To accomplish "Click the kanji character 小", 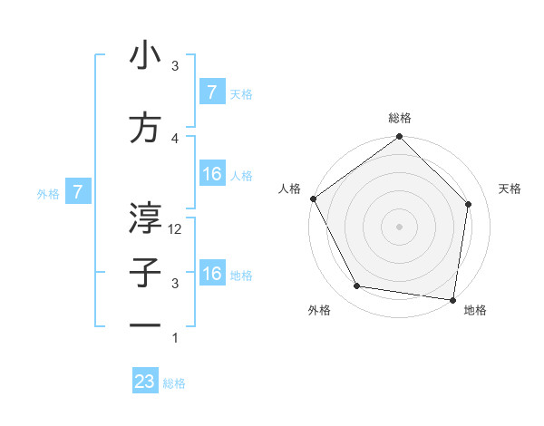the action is [x=146, y=55].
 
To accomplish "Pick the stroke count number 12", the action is [x=176, y=229].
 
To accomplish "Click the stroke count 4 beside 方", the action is [x=176, y=139].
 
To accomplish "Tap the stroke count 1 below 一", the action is [x=176, y=338].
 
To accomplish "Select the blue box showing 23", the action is [x=145, y=382].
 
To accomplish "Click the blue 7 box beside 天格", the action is [x=211, y=92].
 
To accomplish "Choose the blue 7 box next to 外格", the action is [x=79, y=192].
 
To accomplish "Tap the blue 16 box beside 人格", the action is [x=211, y=174].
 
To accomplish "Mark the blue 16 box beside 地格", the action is [x=211, y=274].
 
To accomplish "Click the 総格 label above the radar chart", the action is [x=400, y=119].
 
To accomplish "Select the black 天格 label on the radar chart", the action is [x=510, y=189].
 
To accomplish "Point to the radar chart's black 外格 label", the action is [x=319, y=310].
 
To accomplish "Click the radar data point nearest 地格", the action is [x=452, y=299].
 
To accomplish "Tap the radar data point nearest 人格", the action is [x=313, y=198].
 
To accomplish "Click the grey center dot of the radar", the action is [x=399, y=226].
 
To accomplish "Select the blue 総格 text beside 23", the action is [x=174, y=383].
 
